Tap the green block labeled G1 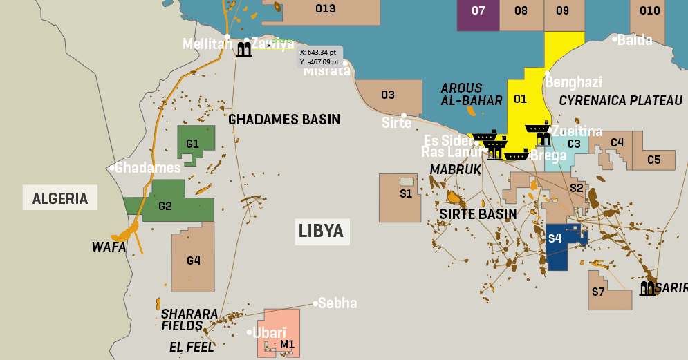click(x=196, y=144)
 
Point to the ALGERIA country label click(x=60, y=199)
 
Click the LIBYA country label click(x=321, y=231)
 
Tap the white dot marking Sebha click(x=315, y=303)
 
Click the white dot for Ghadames click(x=112, y=167)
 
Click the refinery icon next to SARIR click(x=647, y=288)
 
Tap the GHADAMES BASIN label click(x=284, y=120)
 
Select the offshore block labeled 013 click(x=325, y=10)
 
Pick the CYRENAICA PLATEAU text click(x=620, y=101)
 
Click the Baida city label click(x=635, y=39)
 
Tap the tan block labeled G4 click(x=194, y=259)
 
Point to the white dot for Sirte click(x=404, y=115)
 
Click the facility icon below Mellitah click(x=244, y=48)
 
